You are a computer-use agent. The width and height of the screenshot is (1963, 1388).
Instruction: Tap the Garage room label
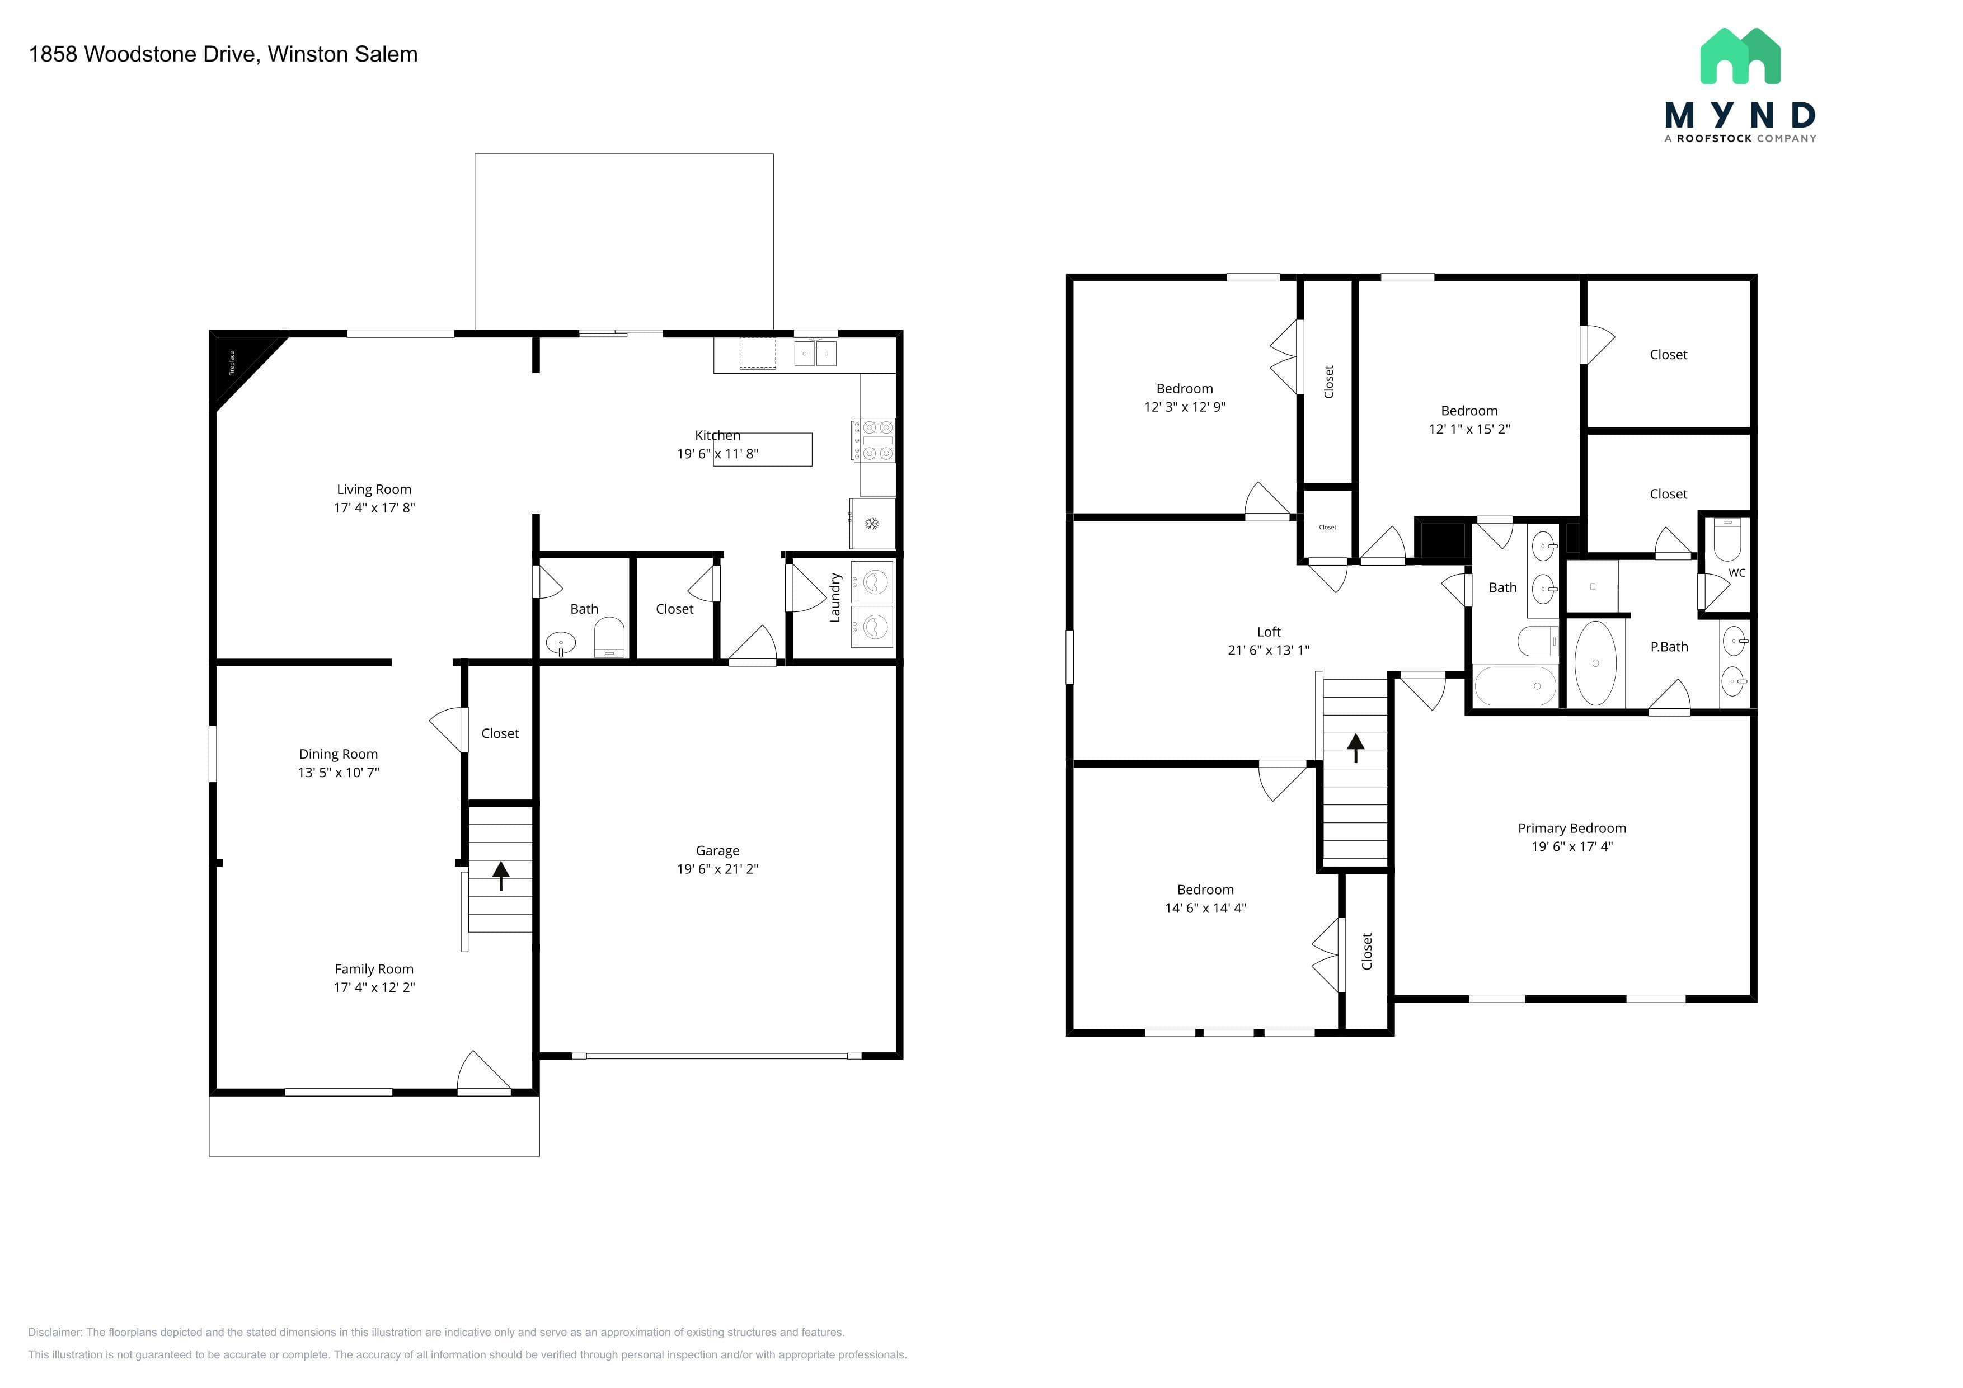point(717,850)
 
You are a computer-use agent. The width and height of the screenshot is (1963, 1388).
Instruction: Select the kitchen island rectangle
point(763,450)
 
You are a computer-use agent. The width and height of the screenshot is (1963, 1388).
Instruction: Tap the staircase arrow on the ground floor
point(500,875)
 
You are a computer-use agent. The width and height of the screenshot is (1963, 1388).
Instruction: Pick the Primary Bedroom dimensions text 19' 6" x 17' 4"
point(1572,846)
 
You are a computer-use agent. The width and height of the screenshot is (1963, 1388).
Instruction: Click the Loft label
point(1269,632)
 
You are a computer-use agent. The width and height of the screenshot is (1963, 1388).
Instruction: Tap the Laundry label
point(835,597)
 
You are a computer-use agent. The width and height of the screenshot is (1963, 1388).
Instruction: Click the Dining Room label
point(339,754)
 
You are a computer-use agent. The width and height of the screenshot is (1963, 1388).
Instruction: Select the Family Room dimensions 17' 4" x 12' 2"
point(374,987)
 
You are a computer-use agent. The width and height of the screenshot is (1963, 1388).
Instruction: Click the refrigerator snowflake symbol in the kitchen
point(872,523)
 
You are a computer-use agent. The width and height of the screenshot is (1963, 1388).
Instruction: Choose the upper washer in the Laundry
point(872,582)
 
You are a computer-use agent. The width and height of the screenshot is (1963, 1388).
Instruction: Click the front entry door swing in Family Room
point(484,1072)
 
